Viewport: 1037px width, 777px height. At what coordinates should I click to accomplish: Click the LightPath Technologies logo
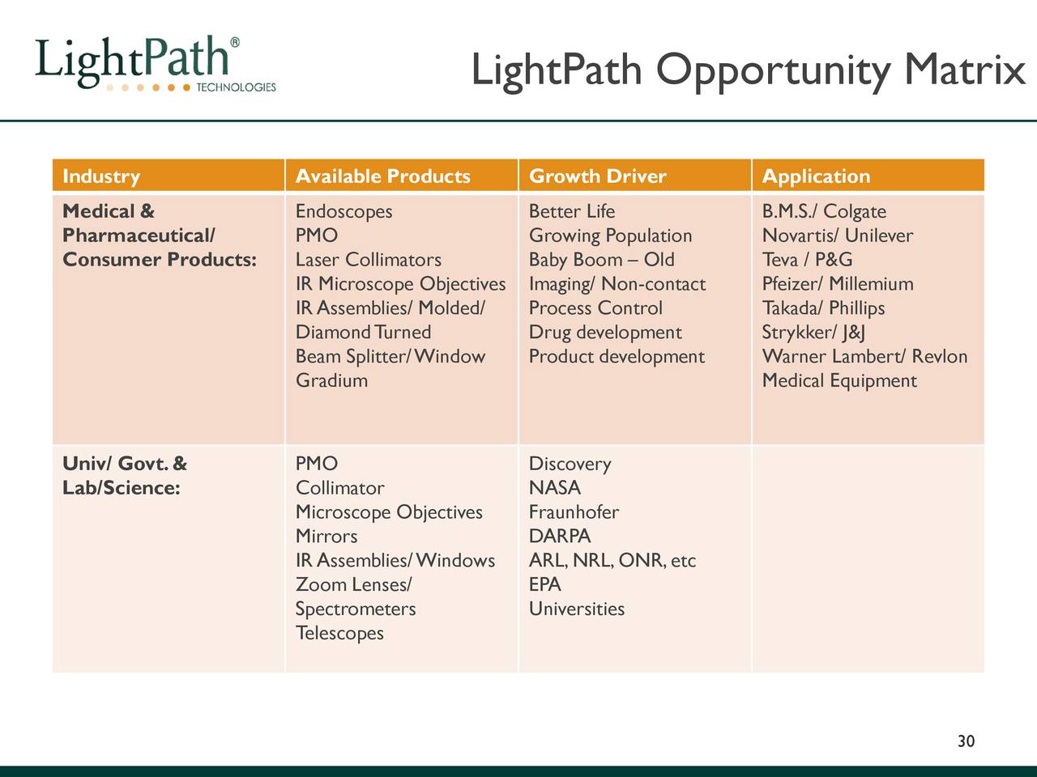click(x=154, y=65)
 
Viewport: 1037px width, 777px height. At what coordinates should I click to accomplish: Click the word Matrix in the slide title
click(x=965, y=70)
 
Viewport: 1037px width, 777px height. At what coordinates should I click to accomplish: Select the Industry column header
click(x=101, y=176)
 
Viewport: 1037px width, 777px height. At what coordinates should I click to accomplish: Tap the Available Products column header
click(x=382, y=176)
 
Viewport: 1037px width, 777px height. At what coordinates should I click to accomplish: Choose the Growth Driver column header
click(x=597, y=176)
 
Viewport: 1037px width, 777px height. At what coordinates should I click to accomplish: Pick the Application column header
click(x=816, y=176)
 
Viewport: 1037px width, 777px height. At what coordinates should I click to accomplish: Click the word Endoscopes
click(x=344, y=212)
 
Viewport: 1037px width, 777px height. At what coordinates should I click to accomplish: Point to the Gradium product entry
click(x=331, y=380)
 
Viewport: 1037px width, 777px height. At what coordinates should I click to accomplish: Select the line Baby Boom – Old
click(x=601, y=260)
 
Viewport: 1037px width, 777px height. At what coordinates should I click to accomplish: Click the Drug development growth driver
click(x=605, y=333)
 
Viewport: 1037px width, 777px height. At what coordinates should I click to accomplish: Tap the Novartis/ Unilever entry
click(x=837, y=236)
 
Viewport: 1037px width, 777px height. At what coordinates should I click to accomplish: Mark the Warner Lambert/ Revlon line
click(x=864, y=357)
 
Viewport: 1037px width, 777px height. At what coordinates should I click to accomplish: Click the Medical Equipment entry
click(x=839, y=380)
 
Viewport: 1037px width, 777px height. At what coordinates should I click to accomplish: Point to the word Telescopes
click(x=339, y=633)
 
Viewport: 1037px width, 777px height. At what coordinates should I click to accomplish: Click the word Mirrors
click(x=326, y=537)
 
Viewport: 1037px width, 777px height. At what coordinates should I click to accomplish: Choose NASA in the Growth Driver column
click(x=555, y=488)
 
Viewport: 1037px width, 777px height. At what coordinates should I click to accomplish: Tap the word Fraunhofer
click(x=574, y=512)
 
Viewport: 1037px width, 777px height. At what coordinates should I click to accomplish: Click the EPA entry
click(x=545, y=585)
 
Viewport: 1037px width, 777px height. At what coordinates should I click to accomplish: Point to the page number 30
click(x=966, y=741)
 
